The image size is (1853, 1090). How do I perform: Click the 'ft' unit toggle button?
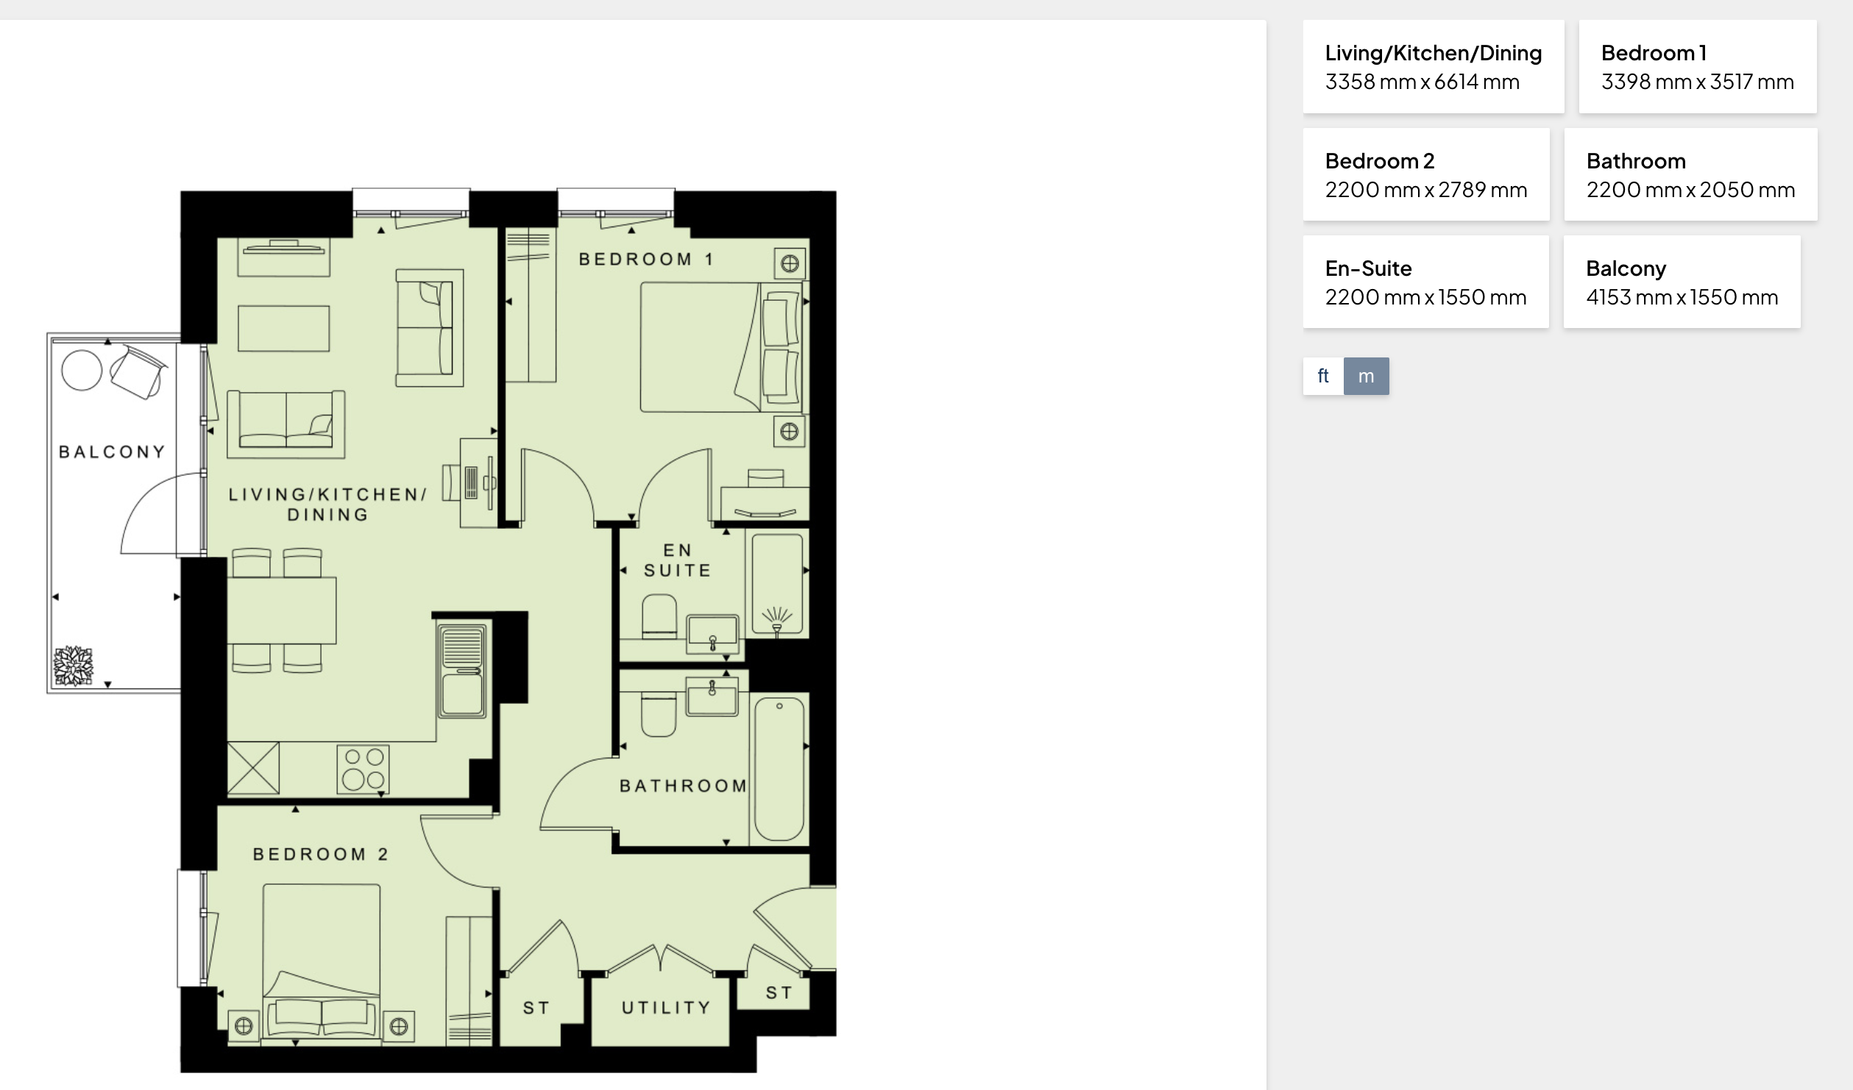1323,376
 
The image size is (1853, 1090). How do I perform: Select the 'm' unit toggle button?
1367,376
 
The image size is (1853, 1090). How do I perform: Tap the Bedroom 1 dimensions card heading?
1654,53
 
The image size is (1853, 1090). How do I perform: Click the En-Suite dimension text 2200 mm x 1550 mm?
1425,297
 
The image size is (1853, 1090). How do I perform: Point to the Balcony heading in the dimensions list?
1626,269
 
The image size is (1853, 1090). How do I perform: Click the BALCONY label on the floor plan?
112,452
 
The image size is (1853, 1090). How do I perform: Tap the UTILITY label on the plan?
666,1008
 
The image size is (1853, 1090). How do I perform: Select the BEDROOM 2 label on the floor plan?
320,854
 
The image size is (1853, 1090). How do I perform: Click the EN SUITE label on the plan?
677,560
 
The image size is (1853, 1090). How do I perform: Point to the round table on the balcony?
82,370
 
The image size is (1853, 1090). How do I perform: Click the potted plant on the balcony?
74,666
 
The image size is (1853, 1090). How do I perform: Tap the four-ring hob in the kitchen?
363,769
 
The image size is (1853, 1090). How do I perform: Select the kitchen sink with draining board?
462,670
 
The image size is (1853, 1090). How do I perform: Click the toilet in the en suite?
659,616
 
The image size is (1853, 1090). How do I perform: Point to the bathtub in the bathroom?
779,769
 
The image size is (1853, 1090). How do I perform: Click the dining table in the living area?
282,610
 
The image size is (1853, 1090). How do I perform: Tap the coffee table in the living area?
284,329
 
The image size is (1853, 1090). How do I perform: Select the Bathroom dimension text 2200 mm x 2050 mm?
1690,190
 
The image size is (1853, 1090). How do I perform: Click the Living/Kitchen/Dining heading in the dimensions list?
1434,53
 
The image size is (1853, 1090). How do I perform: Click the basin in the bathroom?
712,697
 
